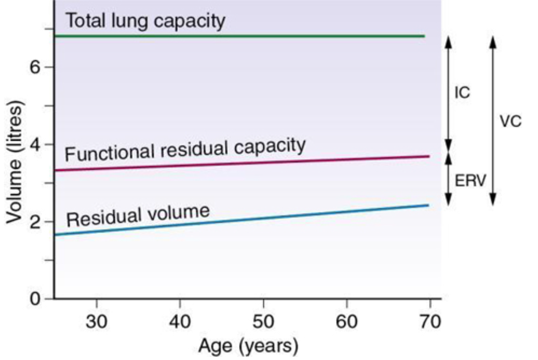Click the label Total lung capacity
tap(145, 21)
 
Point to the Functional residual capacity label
tap(185, 149)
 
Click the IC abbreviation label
tap(462, 92)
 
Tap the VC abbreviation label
tap(510, 121)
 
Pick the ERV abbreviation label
tap(470, 180)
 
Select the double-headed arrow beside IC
tap(448, 94)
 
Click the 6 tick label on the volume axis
tap(35, 67)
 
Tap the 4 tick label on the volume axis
tap(35, 145)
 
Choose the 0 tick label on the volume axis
tap(35, 299)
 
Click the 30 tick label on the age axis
tap(96, 321)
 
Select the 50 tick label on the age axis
tap(263, 321)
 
